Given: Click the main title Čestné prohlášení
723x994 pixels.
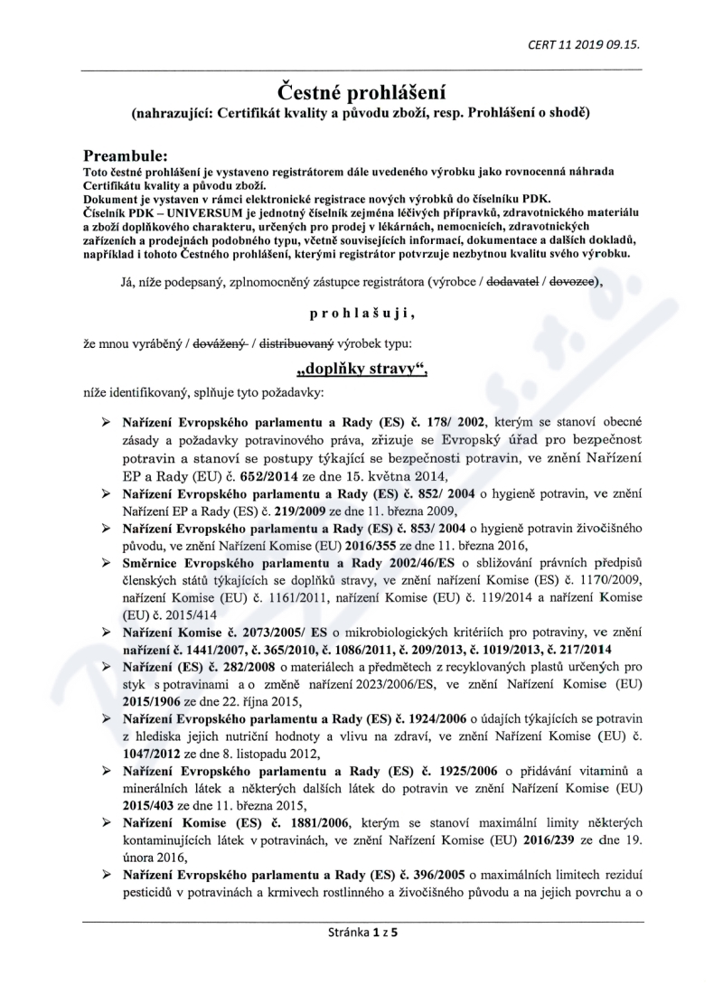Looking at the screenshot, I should coord(361,92).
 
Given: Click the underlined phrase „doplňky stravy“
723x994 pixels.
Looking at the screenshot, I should coord(361,370).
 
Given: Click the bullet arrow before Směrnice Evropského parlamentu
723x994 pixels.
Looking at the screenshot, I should coord(107,562).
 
